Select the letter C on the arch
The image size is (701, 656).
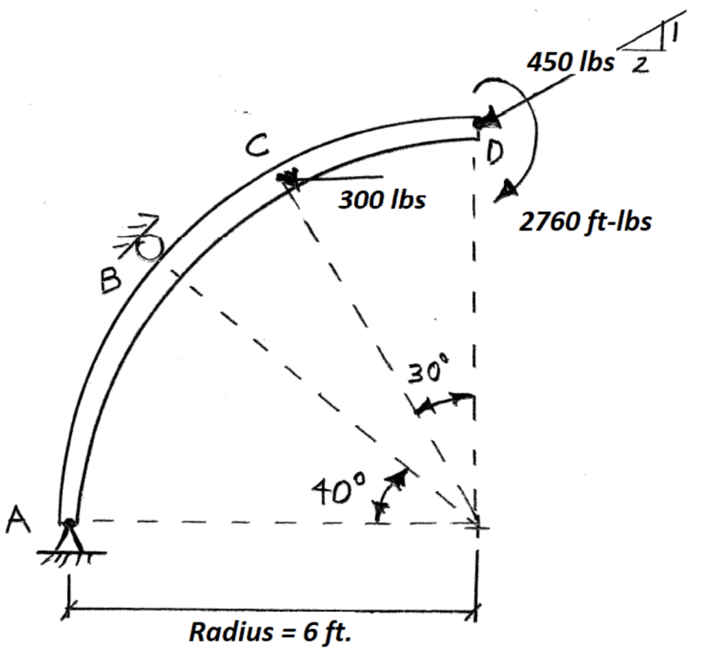click(x=259, y=145)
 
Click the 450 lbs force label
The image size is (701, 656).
click(x=570, y=62)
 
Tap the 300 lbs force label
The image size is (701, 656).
click(x=382, y=200)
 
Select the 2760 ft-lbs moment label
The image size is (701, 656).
click(x=585, y=222)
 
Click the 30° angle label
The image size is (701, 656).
click(x=429, y=373)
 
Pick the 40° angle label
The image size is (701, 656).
click(x=340, y=489)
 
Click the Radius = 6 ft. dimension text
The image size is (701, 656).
click(x=270, y=631)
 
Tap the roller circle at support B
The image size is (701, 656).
click(x=149, y=249)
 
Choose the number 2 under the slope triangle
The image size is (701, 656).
click(x=639, y=65)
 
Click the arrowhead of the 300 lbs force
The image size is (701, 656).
click(x=288, y=178)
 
